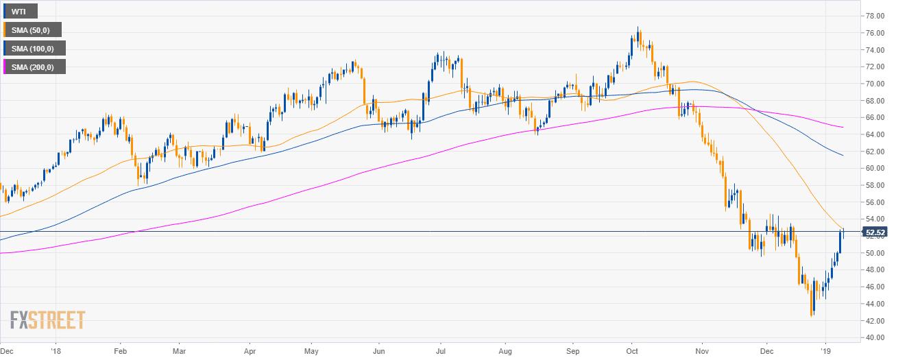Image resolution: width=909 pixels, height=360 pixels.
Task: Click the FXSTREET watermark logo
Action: (x=47, y=320)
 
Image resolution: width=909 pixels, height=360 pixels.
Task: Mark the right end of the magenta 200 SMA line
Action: (x=843, y=127)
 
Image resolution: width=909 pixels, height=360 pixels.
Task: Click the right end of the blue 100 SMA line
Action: (x=843, y=156)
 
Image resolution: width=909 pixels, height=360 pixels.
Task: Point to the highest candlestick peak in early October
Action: (x=638, y=28)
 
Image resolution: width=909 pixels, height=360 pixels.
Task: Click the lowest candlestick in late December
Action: (x=812, y=315)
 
